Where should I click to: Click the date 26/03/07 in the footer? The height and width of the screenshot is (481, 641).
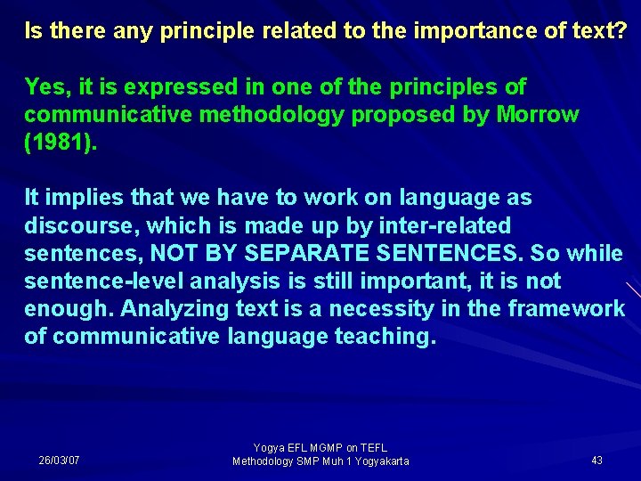60,461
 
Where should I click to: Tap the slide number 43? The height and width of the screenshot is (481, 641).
596,461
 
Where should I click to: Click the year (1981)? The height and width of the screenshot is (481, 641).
59,143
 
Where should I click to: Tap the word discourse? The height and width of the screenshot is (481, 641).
77,225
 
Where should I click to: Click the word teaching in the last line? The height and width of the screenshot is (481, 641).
385,337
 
